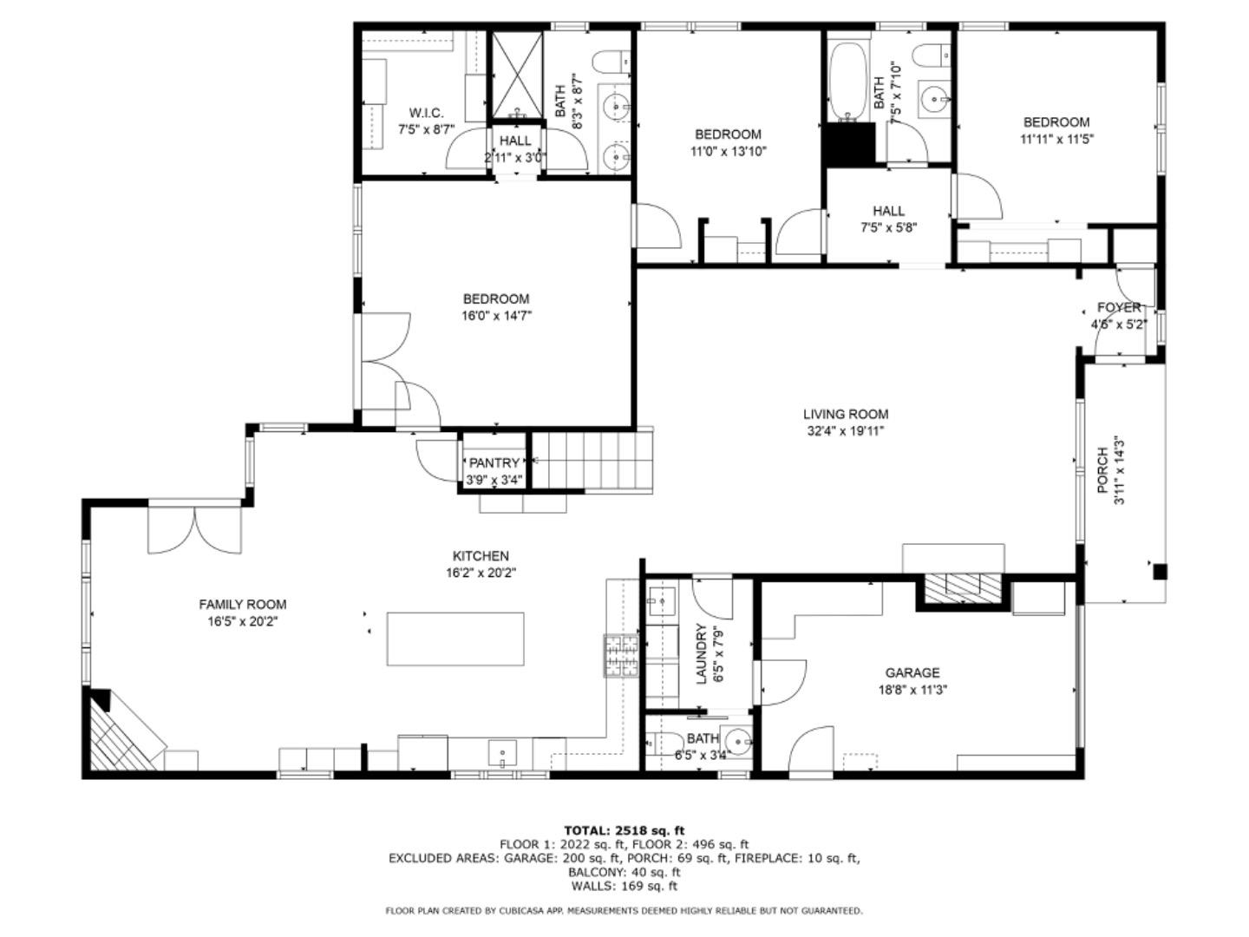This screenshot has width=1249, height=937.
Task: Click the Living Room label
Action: coord(845,415)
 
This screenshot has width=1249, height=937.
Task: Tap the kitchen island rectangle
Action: coord(454,639)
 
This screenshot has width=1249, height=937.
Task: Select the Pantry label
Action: coord(494,463)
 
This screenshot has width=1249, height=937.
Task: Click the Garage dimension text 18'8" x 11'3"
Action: coord(912,691)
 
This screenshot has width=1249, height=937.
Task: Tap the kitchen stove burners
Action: coord(621,655)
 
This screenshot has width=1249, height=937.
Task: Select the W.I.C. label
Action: coord(426,113)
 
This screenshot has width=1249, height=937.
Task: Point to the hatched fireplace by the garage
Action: coord(962,586)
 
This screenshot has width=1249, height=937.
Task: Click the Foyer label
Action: coord(1119,308)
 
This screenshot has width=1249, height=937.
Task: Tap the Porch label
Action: coord(1102,469)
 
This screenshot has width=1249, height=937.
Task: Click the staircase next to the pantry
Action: coord(591,460)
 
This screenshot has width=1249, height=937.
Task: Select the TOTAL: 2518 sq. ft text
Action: coord(624,830)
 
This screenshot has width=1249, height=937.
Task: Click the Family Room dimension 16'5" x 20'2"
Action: coord(242,621)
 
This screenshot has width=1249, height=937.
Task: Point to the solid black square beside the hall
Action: coord(849,144)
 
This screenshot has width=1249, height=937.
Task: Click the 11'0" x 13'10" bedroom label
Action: coord(728,134)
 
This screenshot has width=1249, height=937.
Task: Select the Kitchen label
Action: coord(481,556)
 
